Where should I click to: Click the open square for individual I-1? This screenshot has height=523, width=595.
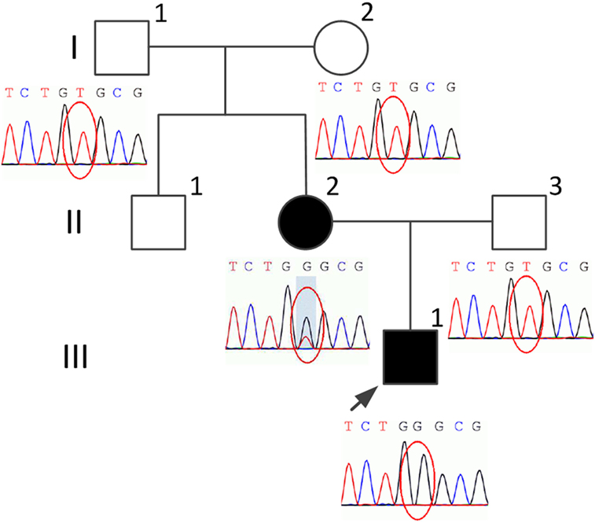[122, 46]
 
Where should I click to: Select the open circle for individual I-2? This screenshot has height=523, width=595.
[341, 46]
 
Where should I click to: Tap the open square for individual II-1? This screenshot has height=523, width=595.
[158, 221]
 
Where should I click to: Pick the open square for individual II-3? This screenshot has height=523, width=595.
[519, 221]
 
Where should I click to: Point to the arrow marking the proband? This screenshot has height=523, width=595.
[358, 401]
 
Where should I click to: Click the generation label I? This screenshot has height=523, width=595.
[73, 49]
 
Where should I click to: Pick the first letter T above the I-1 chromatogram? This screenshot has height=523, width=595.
[9, 92]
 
